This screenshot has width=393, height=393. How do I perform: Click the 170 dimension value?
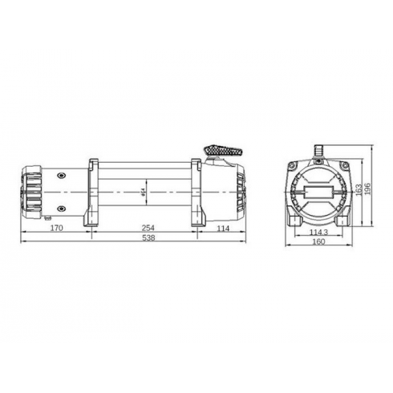click(56, 229)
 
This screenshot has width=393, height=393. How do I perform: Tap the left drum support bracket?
click(89, 192)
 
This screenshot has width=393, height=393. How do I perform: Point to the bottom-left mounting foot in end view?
click(294, 219)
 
